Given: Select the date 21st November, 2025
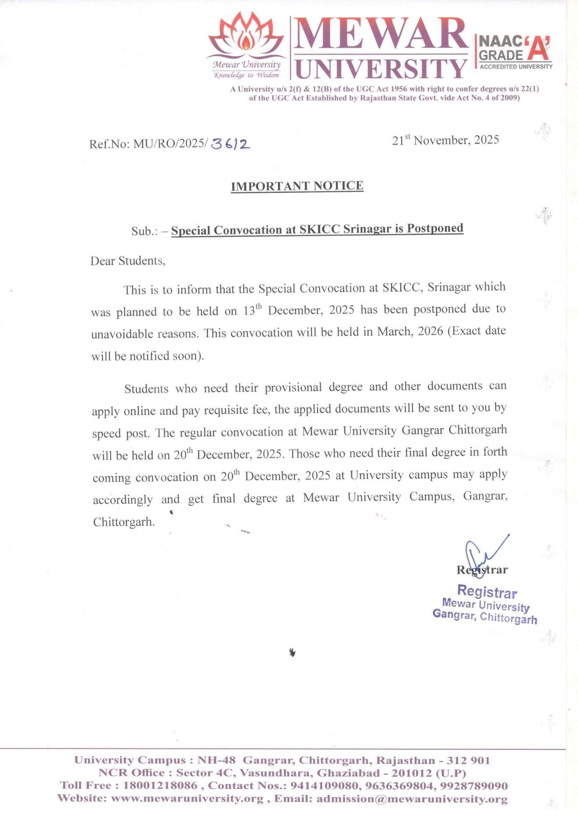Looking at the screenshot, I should pos(445,140).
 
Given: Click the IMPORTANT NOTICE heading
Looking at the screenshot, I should pos(297,186).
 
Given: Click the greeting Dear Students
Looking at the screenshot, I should pos(128,261).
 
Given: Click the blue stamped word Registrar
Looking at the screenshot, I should pos(487,591).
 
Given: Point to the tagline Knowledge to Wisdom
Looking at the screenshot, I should pos(246,75).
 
